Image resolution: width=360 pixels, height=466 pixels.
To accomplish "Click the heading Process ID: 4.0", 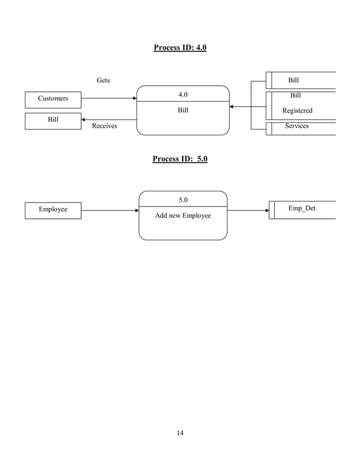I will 180,47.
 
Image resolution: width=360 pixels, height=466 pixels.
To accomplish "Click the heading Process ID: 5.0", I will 180,159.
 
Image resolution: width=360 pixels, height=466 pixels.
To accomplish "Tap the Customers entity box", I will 53,99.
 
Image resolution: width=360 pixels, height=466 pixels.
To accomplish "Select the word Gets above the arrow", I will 103,81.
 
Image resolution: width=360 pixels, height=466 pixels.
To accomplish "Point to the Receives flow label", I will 104,126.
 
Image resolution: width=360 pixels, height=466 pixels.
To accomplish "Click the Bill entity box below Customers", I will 53,120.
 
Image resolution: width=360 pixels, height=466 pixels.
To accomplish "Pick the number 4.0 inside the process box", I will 183,94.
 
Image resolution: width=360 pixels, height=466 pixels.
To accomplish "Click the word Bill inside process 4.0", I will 183,111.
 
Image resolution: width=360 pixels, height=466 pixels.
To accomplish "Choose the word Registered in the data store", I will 297,111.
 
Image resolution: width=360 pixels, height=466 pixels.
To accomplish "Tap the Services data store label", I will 297,126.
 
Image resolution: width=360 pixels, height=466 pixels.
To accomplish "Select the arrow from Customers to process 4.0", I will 108,98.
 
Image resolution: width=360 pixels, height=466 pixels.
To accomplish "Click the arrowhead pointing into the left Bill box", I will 84,120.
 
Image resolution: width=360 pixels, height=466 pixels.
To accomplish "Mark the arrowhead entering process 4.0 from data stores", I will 232,106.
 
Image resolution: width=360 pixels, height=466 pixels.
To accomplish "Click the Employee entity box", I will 53,210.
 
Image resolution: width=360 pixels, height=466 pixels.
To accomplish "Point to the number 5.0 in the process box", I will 183,200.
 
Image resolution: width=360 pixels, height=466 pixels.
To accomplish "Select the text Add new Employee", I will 183,216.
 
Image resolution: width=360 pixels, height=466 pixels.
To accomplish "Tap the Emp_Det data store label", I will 302,209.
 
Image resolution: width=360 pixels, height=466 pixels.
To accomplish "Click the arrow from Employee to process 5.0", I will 109,210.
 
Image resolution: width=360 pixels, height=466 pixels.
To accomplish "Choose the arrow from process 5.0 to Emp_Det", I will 248,210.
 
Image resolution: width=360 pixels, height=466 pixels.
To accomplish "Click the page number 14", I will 180,433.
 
